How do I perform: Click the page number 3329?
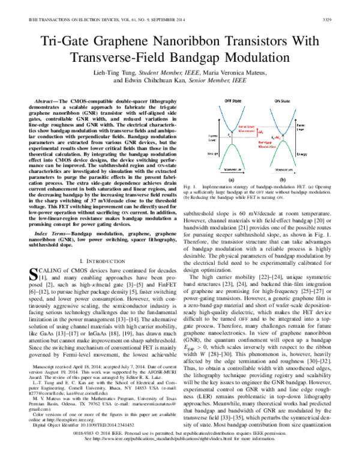point(339,20)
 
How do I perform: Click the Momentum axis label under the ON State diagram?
point(283,170)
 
